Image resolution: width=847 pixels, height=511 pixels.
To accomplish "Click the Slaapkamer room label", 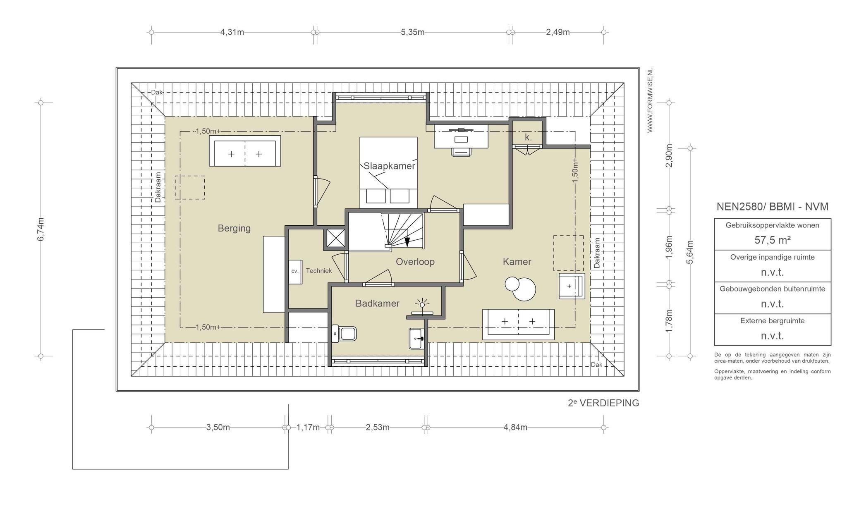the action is (389, 166).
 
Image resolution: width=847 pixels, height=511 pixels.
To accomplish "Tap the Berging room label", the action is (234, 228).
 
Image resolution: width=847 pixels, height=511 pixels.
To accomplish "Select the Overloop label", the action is (415, 262).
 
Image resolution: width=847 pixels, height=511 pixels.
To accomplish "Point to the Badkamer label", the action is (377, 303).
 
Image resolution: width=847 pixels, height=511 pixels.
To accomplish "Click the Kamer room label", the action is (517, 262).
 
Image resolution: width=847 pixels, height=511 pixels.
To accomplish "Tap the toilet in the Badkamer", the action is (344, 334).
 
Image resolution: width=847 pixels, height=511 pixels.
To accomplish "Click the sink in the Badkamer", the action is (417, 339).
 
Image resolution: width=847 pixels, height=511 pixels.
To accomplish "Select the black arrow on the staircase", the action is (407, 242).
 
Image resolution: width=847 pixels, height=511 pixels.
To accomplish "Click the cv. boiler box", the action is (295, 272).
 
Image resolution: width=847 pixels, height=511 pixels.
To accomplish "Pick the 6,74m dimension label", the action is (41, 229).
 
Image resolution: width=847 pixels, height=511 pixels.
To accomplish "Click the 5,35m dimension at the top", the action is (412, 32).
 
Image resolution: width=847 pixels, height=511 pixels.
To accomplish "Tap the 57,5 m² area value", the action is (772, 240).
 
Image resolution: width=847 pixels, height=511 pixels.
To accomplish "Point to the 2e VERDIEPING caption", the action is (603, 403).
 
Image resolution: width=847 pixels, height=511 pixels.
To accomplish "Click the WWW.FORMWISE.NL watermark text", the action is (650, 100).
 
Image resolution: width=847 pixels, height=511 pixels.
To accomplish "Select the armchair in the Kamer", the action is (572, 286).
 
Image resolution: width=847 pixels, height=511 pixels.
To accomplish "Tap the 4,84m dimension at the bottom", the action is (515, 427).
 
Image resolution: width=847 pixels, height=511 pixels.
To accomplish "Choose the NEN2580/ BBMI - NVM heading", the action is (772, 207).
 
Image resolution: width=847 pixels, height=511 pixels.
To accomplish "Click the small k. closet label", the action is (528, 137).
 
